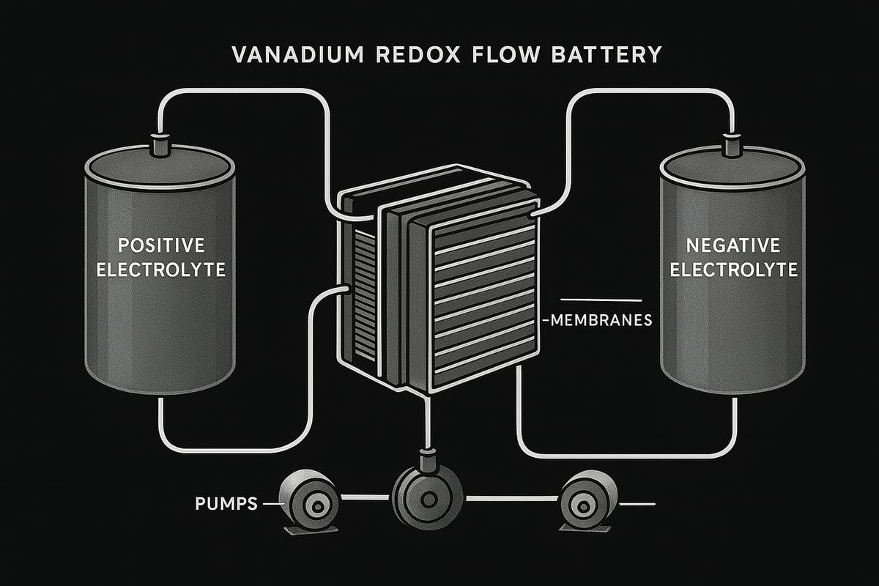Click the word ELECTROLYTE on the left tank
[161, 270]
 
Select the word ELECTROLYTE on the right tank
[733, 270]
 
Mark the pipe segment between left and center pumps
[366, 499]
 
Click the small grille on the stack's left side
[360, 293]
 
